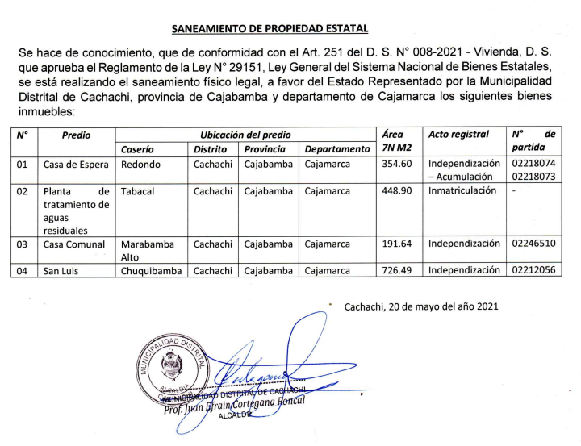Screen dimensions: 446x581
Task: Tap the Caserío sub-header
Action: (x=137, y=149)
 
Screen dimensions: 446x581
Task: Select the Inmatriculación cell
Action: (x=463, y=192)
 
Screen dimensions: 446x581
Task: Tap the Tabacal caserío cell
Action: (x=137, y=192)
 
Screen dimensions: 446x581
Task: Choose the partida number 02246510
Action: (x=533, y=244)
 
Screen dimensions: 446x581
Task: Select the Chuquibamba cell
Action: (x=152, y=271)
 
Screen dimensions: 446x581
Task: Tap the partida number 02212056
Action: (x=533, y=271)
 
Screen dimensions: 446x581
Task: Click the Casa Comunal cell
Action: (x=74, y=244)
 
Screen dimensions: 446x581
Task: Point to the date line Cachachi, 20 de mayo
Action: (x=421, y=306)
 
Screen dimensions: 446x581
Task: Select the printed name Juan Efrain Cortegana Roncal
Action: (x=238, y=404)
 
